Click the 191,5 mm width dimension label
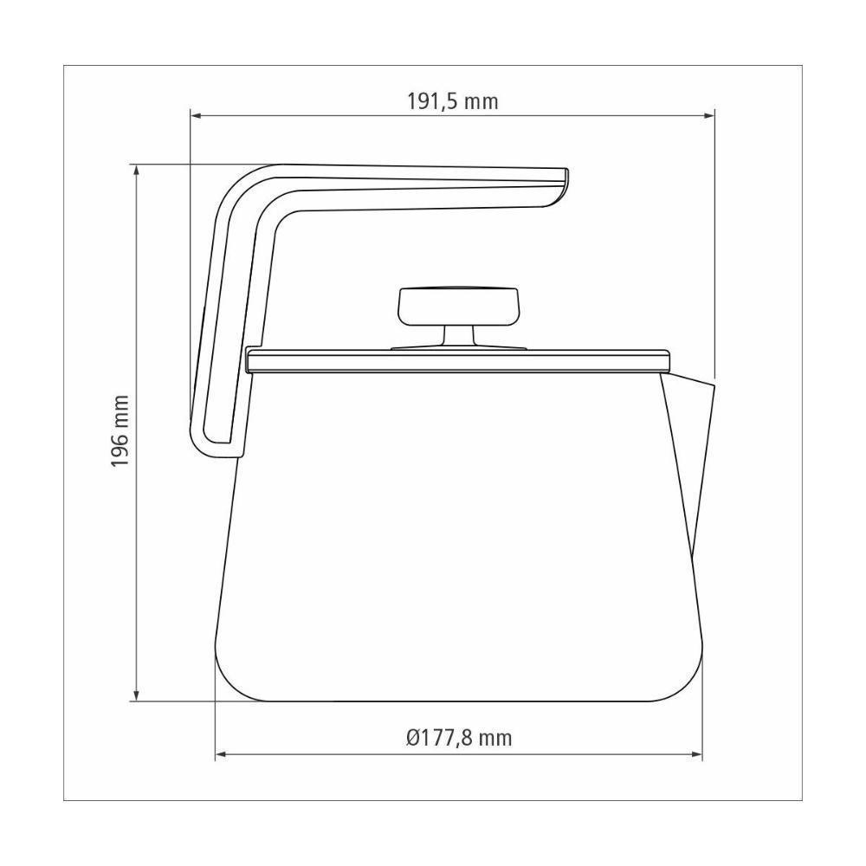[x=453, y=100]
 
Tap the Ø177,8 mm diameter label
[x=458, y=738]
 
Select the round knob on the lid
[x=456, y=305]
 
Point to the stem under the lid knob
[x=456, y=336]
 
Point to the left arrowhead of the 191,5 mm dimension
[x=196, y=114]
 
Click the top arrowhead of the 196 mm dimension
[x=135, y=170]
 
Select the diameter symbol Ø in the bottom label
[x=412, y=738]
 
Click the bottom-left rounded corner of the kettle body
[x=229, y=680]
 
